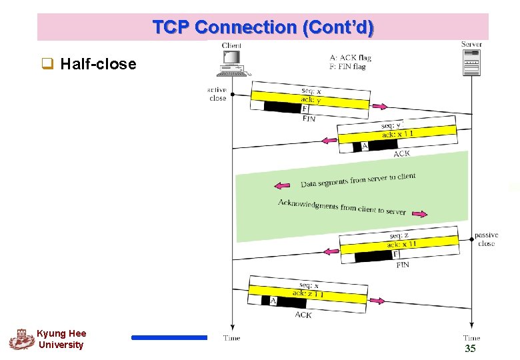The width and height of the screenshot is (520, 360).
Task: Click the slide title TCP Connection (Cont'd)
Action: (263, 28)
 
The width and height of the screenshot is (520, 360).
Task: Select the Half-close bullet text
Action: (97, 64)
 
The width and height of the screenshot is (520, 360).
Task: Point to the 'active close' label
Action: (217, 94)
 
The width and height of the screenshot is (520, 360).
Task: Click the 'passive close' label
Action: (487, 239)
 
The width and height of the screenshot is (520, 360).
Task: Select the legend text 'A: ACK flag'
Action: (349, 57)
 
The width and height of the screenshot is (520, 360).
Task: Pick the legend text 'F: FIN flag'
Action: (348, 67)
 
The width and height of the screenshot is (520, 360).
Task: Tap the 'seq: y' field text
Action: (392, 125)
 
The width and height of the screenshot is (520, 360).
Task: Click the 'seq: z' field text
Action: (399, 235)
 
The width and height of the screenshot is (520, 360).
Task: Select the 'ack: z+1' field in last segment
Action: (308, 293)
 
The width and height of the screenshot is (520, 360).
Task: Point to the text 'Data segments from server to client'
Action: (358, 179)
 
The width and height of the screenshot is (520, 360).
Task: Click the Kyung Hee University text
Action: (61, 339)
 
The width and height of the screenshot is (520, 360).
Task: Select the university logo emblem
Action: (21, 339)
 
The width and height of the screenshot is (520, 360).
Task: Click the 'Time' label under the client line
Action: (231, 338)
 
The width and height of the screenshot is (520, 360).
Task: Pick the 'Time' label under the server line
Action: (471, 338)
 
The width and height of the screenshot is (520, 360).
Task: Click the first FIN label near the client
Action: (309, 118)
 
